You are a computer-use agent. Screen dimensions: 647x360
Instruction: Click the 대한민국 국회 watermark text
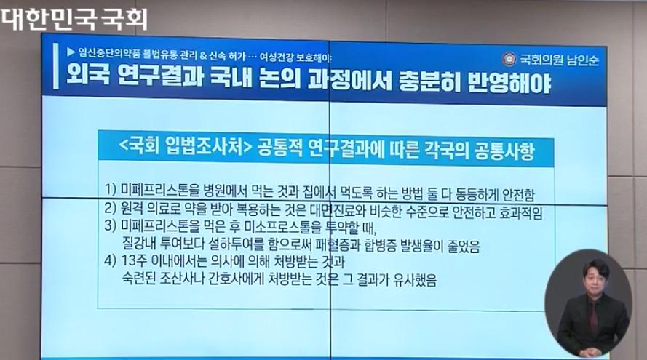click(x=74, y=19)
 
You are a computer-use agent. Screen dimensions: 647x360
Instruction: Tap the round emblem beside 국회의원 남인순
click(x=509, y=60)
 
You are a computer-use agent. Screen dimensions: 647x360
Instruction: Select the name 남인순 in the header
click(x=583, y=60)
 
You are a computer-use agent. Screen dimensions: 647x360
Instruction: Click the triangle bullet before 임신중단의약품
click(x=71, y=52)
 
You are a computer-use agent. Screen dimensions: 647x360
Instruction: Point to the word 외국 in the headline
click(x=88, y=75)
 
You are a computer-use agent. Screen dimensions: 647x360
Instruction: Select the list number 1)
click(x=111, y=189)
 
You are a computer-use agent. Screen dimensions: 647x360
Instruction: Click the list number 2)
click(x=110, y=207)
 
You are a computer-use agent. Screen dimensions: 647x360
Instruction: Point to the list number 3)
click(x=110, y=225)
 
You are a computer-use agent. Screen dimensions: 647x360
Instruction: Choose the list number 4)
click(x=110, y=261)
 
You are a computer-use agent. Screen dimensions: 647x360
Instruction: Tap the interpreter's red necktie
click(x=593, y=318)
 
